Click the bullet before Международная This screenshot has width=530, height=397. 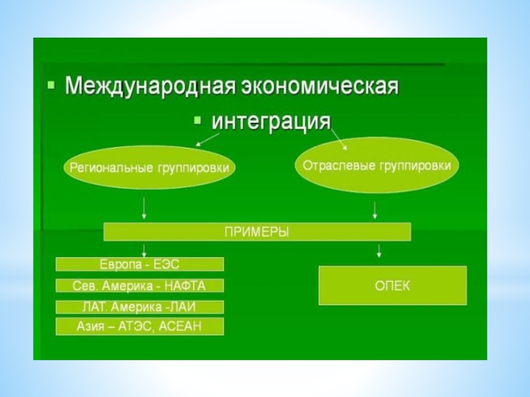[x=51, y=87]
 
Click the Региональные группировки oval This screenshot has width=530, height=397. [x=150, y=168]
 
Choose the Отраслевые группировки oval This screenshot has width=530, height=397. [x=376, y=165]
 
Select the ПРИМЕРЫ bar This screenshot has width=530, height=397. [x=257, y=232]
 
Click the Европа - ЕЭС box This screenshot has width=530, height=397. [x=140, y=264]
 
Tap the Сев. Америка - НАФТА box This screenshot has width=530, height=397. [x=140, y=286]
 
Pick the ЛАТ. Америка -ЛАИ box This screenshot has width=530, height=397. [x=140, y=307]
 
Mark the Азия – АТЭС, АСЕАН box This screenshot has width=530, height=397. [x=140, y=326]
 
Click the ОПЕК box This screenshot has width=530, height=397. [x=392, y=285]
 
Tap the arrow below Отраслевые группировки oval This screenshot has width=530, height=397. [x=376, y=210]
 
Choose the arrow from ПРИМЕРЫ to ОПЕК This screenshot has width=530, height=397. [x=379, y=251]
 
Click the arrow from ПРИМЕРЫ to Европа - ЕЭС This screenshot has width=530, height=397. [x=144, y=249]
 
